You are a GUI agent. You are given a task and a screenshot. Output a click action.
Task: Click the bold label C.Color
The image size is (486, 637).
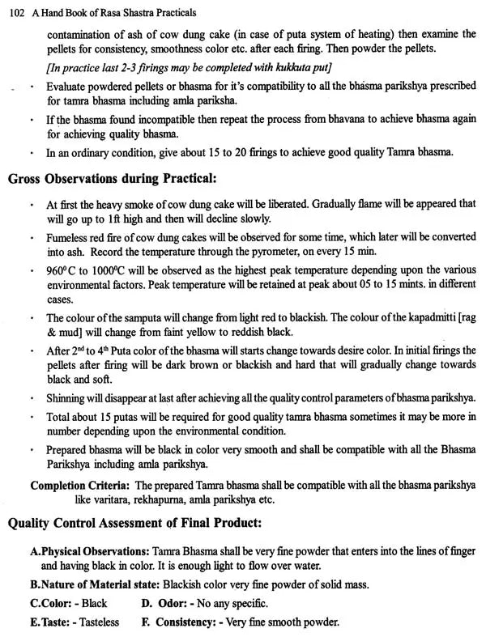(50, 603)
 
